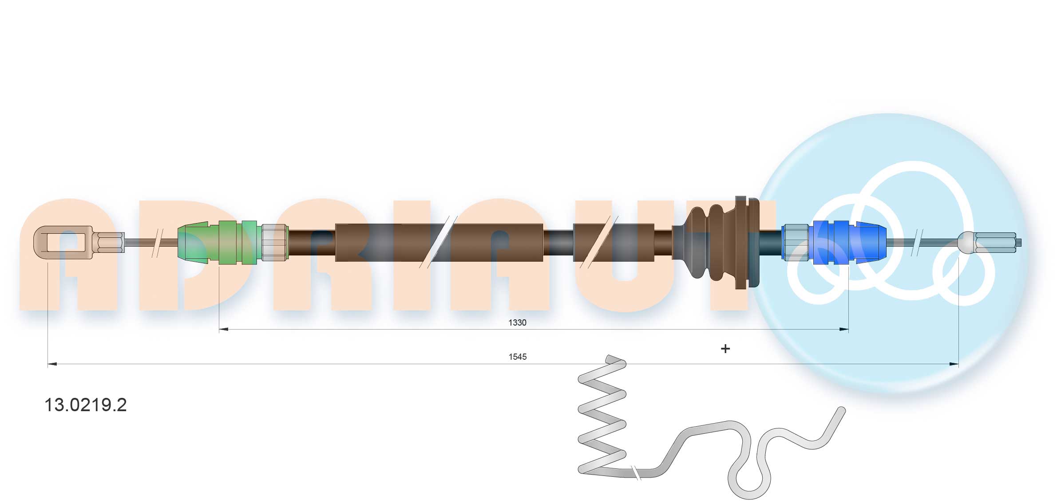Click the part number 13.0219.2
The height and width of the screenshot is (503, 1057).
(x=85, y=405)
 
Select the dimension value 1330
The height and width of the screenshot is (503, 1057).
(x=517, y=322)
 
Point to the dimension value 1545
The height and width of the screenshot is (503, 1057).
(x=517, y=357)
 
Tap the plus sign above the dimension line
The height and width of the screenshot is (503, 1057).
(x=725, y=349)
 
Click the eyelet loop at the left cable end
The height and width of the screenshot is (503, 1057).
(x=62, y=242)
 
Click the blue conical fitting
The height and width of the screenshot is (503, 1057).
(x=870, y=242)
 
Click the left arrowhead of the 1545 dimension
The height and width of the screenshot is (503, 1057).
(x=52, y=364)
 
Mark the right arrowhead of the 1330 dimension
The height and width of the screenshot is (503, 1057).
(x=844, y=330)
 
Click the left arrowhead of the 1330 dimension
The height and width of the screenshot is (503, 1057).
(x=224, y=330)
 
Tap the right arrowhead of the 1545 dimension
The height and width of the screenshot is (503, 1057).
(x=954, y=364)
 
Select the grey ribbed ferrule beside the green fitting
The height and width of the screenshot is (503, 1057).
(x=274, y=242)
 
